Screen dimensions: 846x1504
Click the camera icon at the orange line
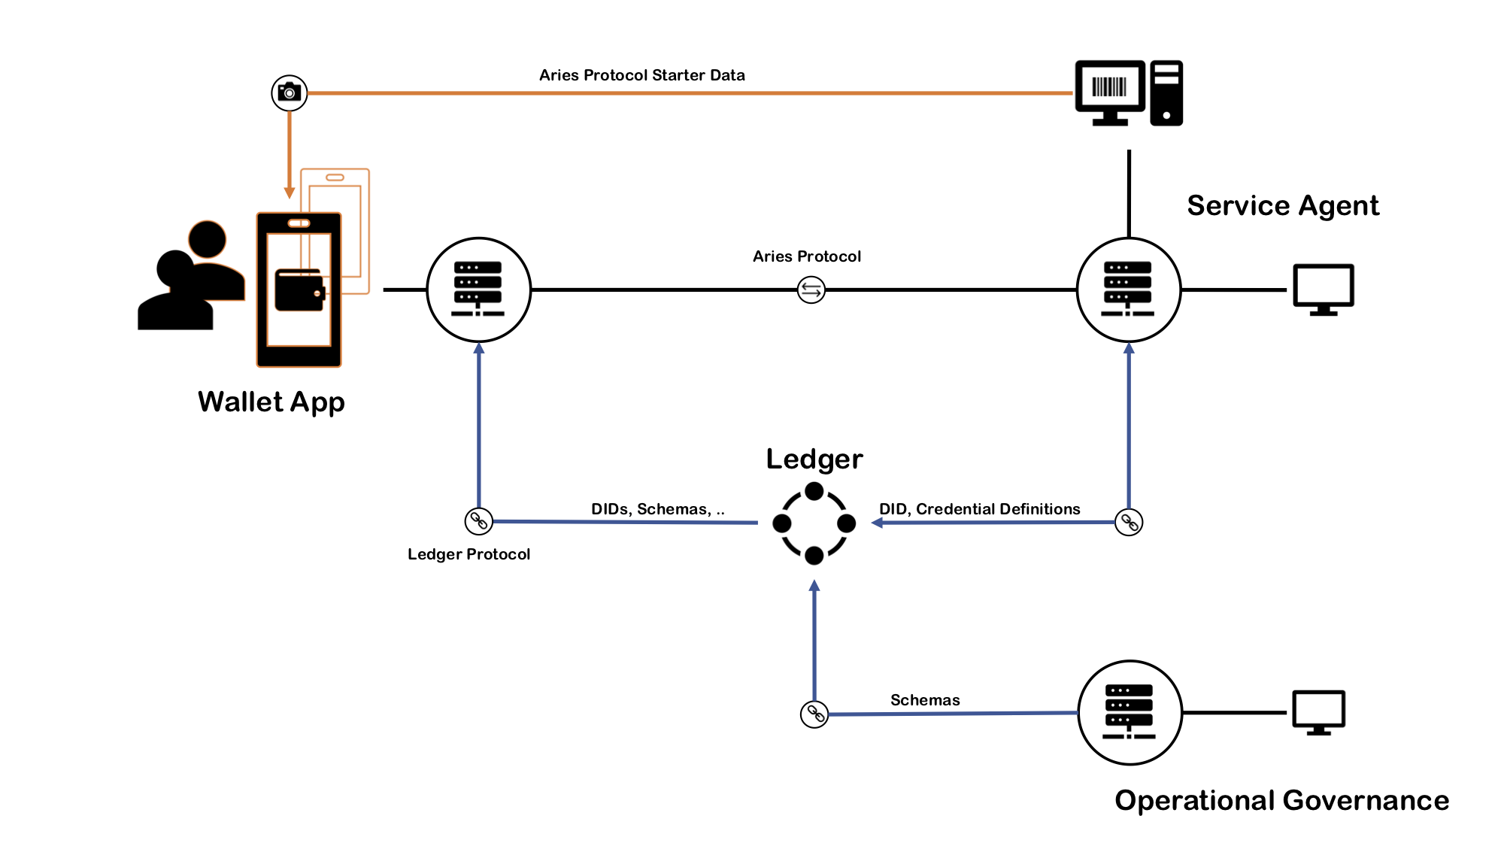click(x=290, y=93)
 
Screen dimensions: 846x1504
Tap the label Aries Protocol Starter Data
click(x=641, y=75)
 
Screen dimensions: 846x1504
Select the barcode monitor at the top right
click(x=1110, y=92)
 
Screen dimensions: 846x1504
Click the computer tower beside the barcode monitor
click(x=1166, y=93)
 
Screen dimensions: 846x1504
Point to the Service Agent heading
click(x=1283, y=205)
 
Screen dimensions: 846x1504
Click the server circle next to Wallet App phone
click(x=478, y=290)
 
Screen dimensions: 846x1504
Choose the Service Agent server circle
click(x=1128, y=290)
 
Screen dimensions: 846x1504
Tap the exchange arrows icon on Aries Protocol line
click(x=811, y=290)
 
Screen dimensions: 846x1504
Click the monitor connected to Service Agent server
click(x=1323, y=289)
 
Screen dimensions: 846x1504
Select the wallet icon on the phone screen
click(x=299, y=290)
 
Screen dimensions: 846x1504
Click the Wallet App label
click(x=271, y=402)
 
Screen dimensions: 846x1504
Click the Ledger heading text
click(x=814, y=459)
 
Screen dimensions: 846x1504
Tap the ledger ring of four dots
click(x=814, y=523)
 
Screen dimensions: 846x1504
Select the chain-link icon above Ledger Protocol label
click(x=478, y=520)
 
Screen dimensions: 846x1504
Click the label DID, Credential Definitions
click(x=979, y=509)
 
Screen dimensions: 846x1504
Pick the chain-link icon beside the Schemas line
click(x=814, y=714)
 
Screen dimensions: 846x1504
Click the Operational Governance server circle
click(x=1130, y=713)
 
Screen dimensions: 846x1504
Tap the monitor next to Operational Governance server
click(x=1318, y=711)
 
